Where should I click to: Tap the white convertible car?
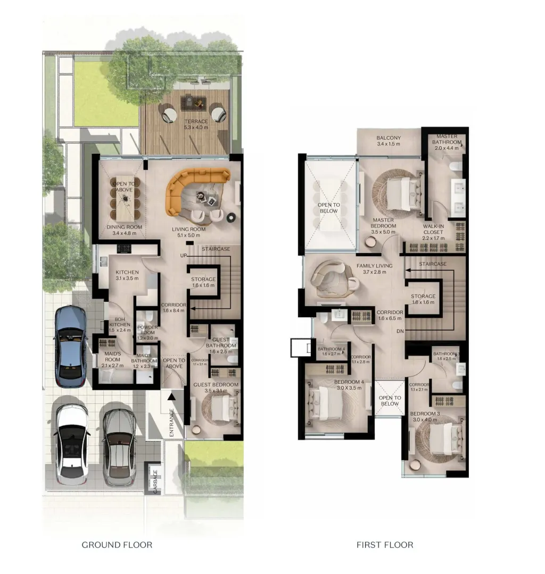pyautogui.click(x=71, y=442)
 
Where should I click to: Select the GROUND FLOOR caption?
pyautogui.click(x=117, y=545)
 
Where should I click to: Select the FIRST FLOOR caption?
pyautogui.click(x=385, y=545)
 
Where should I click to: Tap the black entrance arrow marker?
pyautogui.click(x=171, y=396)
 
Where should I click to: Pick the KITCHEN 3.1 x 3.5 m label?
pyautogui.click(x=127, y=275)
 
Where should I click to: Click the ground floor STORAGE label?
pyautogui.click(x=203, y=282)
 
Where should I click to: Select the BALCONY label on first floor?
pyautogui.click(x=389, y=141)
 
